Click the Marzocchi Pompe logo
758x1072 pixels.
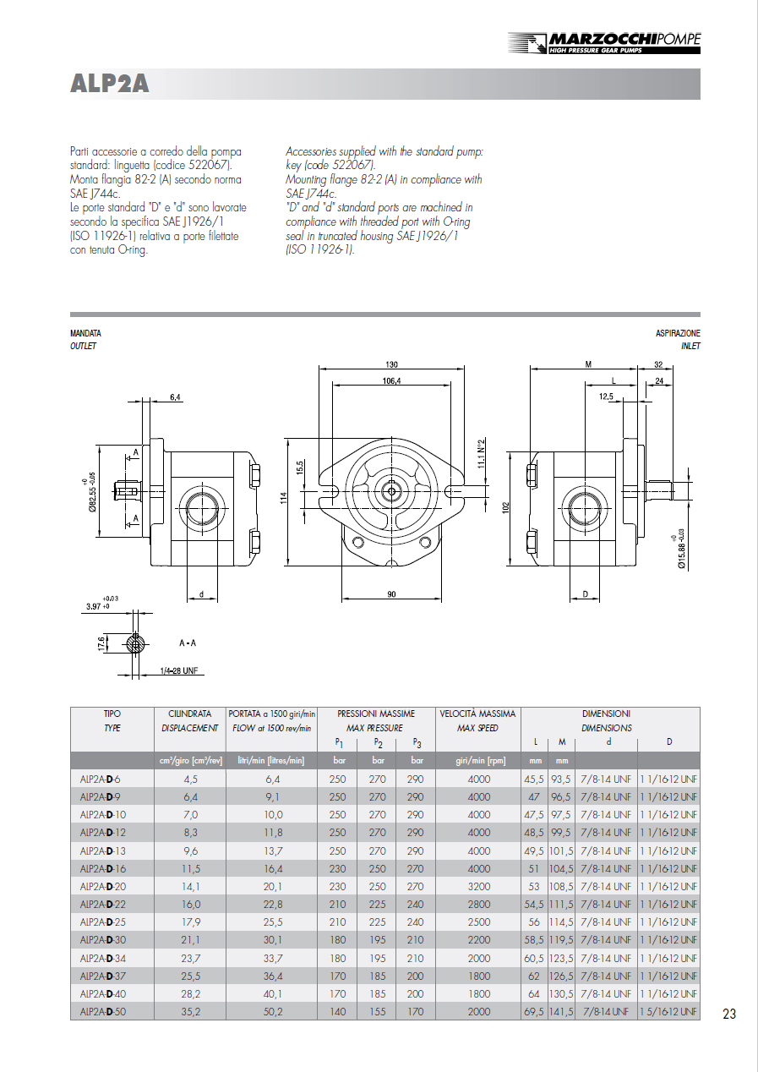click(603, 42)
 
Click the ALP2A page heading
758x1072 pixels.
click(110, 84)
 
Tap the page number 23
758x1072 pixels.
click(729, 1014)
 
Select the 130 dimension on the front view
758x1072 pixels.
click(391, 364)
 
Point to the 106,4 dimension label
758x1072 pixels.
click(391, 381)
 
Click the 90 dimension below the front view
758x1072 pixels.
click(391, 594)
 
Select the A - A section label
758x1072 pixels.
click(188, 643)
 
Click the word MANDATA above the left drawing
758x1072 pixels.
click(85, 334)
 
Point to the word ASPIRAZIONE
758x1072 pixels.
click(678, 334)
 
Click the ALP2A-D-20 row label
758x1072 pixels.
click(102, 886)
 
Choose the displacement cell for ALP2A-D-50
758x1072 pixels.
click(190, 1011)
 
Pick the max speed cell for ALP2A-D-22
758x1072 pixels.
click(478, 904)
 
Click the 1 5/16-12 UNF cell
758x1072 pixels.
click(668, 1011)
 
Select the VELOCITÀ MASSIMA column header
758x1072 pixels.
click(478, 714)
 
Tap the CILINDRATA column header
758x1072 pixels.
click(190, 714)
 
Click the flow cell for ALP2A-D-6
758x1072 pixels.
click(271, 779)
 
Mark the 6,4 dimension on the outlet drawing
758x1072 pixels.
click(176, 397)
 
